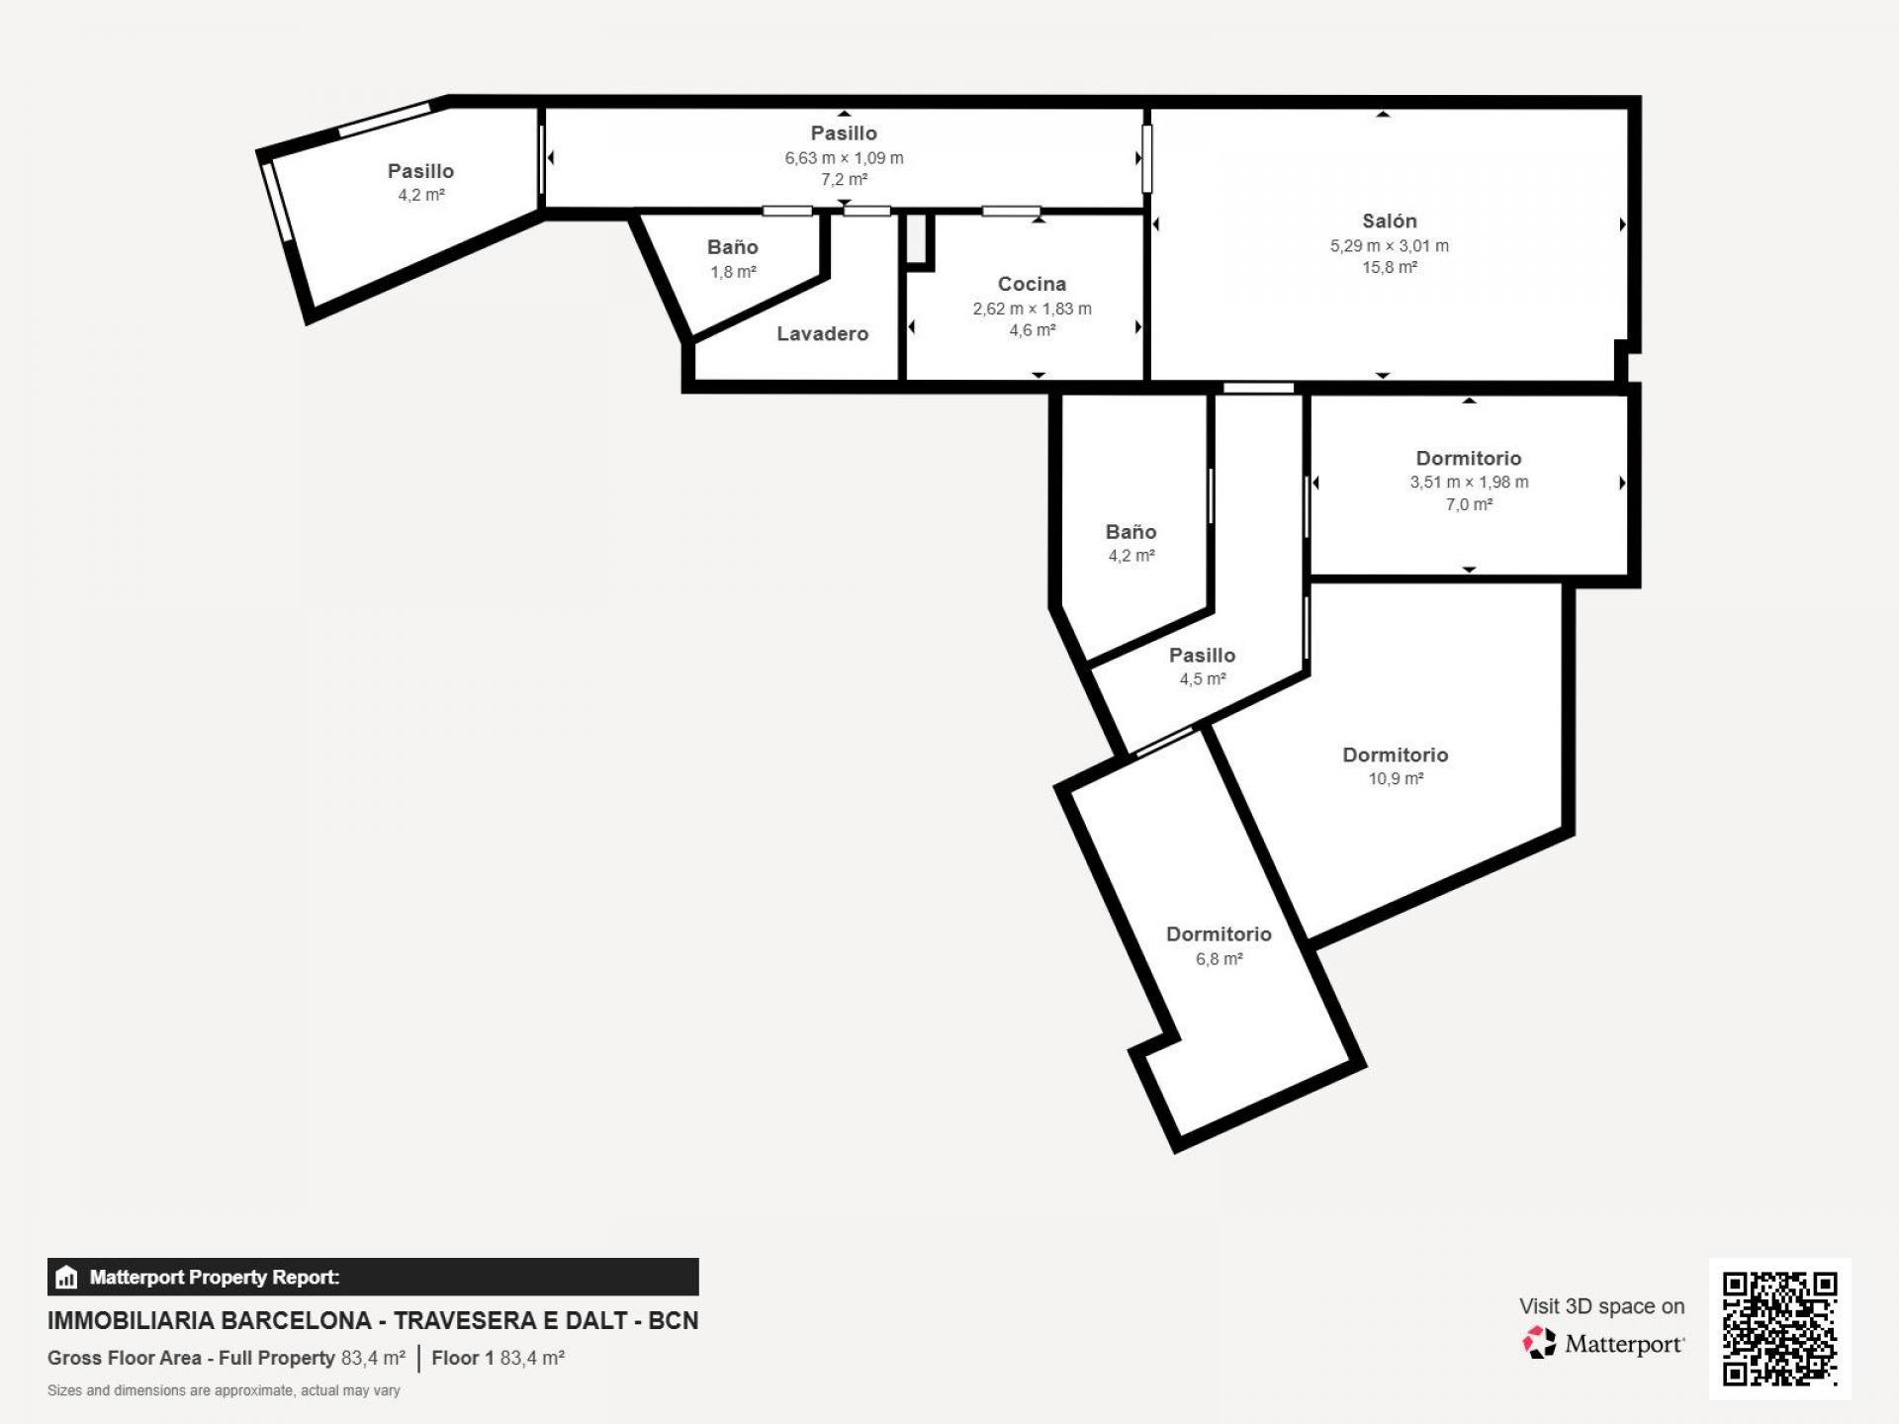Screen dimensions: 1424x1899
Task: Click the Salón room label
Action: [1389, 222]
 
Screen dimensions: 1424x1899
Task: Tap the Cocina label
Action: [1032, 285]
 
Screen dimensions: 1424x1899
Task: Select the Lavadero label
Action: [822, 334]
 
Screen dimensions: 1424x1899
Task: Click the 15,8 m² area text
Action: [1389, 268]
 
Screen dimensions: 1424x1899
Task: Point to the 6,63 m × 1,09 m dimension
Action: [844, 158]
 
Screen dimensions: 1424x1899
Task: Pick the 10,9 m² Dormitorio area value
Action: [1395, 779]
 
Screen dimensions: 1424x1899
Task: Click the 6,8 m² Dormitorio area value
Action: [1219, 959]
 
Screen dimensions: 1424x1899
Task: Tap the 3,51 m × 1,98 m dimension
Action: [1469, 483]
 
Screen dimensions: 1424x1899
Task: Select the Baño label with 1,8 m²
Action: [732, 248]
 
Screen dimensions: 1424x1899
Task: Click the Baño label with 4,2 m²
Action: [1130, 532]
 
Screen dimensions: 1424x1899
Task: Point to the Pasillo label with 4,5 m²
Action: [1202, 656]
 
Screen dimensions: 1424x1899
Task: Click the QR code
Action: [1779, 1328]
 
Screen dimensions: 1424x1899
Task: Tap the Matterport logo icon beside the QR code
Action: [1539, 1343]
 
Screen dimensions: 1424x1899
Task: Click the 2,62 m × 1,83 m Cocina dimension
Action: [1032, 310]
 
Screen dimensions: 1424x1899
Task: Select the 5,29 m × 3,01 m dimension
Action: [1389, 246]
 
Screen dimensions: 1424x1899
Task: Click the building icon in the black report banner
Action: [66, 1278]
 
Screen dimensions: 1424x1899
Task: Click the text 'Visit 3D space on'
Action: [1601, 1307]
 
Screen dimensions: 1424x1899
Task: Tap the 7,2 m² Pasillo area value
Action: [844, 180]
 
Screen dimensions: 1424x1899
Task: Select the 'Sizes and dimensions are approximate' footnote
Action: [224, 1391]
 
